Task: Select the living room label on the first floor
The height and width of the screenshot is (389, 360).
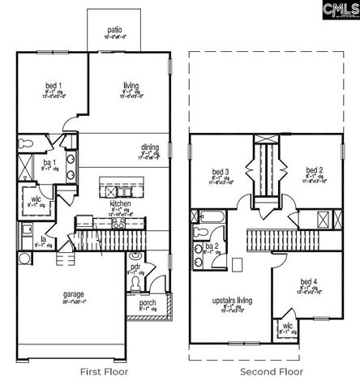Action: pyautogui.click(x=131, y=85)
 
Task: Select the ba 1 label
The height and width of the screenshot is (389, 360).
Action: pyautogui.click(x=49, y=163)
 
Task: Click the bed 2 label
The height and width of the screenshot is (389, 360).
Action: pyautogui.click(x=314, y=171)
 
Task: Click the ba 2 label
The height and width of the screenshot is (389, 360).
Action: pyautogui.click(x=212, y=246)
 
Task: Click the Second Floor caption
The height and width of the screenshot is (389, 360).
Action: pyautogui.click(x=272, y=372)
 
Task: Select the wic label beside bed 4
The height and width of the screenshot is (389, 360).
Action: pyautogui.click(x=287, y=325)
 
